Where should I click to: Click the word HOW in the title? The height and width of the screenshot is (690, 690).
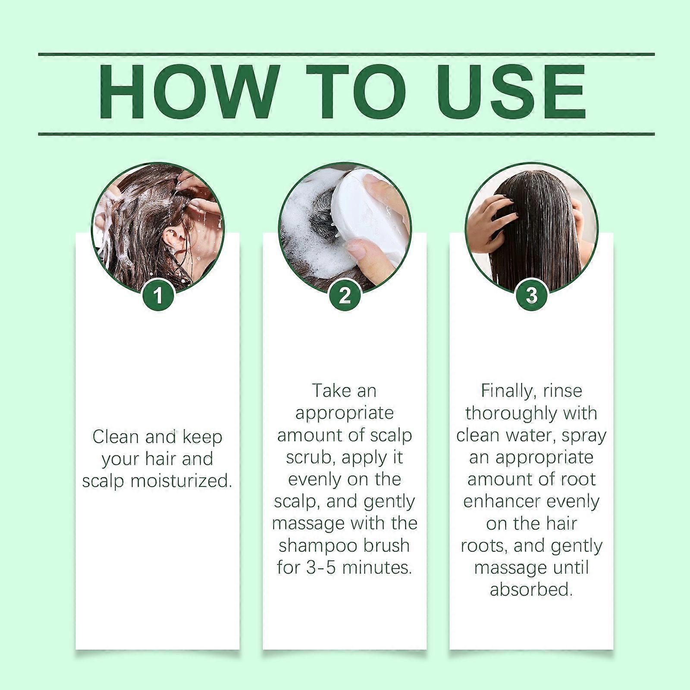[181, 92]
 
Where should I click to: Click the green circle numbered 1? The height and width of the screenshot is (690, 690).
[158, 296]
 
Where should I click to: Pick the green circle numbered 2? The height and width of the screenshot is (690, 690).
[345, 296]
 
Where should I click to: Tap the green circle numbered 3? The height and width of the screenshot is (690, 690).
[531, 296]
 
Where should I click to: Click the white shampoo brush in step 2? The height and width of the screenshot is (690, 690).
[367, 216]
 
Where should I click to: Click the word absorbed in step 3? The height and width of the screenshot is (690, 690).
[531, 590]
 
